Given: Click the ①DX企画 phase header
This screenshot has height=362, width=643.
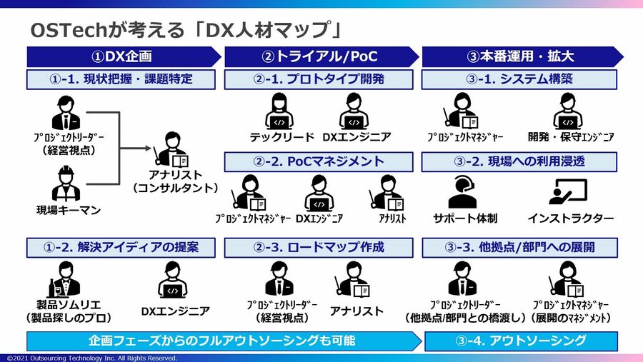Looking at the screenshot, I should click(x=122, y=56).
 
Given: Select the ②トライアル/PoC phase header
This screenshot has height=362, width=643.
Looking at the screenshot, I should click(x=319, y=56).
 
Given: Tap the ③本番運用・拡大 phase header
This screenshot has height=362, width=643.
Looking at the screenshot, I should click(x=520, y=56).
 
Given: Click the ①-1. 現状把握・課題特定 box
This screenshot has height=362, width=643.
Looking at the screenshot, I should click(x=121, y=79).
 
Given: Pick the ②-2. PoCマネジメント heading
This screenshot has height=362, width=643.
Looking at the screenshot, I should click(x=319, y=162).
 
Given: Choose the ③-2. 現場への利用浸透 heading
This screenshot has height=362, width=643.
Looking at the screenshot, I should click(x=519, y=162).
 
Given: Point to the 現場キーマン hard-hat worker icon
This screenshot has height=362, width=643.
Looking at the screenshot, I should click(x=66, y=183).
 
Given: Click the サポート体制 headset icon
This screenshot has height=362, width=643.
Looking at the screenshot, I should click(x=462, y=191).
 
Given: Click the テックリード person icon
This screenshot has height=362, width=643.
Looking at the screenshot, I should click(x=281, y=110).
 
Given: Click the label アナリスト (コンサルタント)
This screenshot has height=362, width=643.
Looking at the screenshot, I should click(x=175, y=181).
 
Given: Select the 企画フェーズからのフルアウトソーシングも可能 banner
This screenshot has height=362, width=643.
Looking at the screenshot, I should click(x=221, y=341).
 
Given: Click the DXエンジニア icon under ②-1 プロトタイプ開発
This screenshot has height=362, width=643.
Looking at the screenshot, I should click(x=355, y=110).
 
